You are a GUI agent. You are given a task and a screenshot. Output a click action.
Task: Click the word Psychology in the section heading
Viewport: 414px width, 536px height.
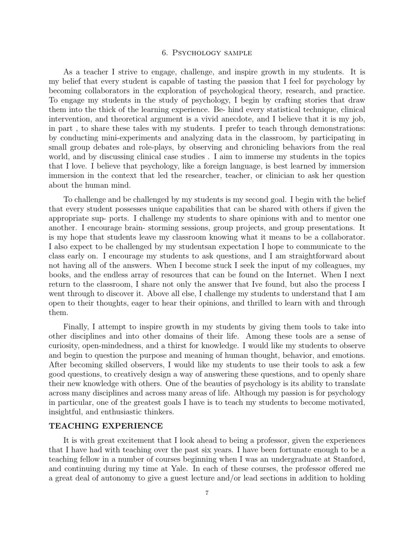(192, 53)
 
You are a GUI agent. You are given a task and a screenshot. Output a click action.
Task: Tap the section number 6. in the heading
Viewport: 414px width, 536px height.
(165, 53)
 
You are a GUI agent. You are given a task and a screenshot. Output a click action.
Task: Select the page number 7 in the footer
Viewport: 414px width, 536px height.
(207, 493)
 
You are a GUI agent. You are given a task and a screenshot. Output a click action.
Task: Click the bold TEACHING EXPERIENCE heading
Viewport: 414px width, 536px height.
(106, 426)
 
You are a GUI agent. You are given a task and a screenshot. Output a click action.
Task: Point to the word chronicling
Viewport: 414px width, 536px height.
(253, 148)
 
